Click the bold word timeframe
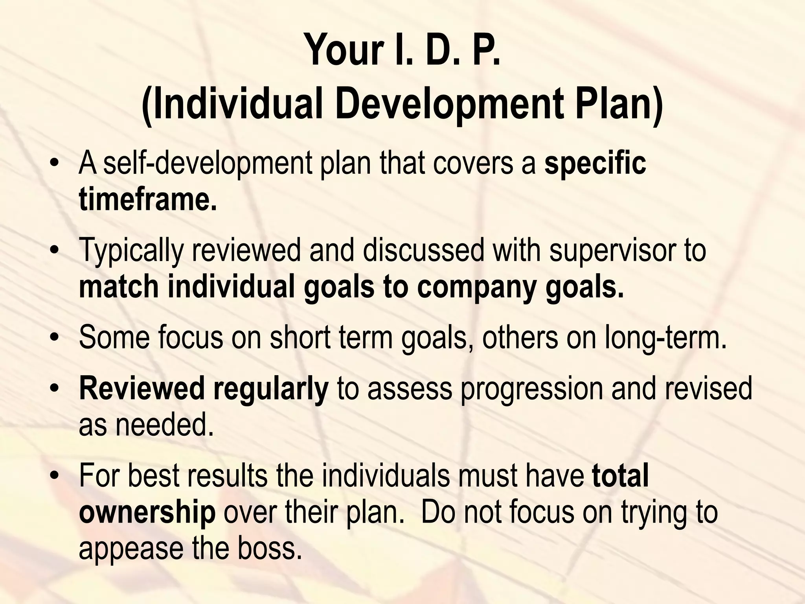(x=148, y=199)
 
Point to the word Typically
(x=131, y=251)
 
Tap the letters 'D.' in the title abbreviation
(x=443, y=51)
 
